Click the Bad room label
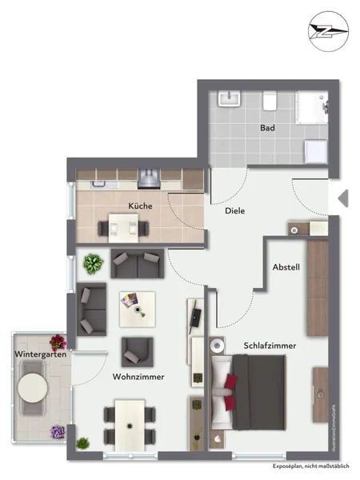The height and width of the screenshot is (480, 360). point(267,128)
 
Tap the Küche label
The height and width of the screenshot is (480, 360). point(140,206)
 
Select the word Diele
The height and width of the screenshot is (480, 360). point(234,211)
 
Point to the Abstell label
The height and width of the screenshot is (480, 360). point(286,268)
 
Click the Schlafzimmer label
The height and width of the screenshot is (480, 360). point(270,346)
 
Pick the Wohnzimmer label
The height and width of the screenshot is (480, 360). point(134,375)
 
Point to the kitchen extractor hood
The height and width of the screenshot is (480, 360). point(147,175)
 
